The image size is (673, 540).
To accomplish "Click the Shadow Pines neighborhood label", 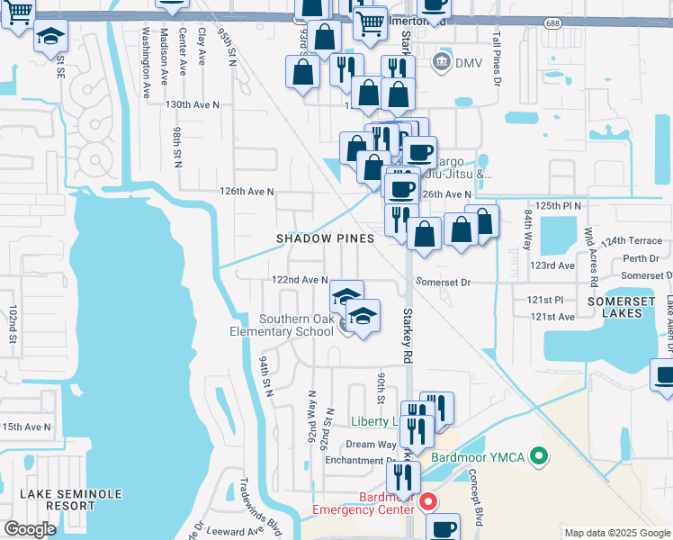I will pyautogui.click(x=311, y=238).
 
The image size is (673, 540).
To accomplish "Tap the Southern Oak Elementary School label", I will pyautogui.click(x=296, y=325).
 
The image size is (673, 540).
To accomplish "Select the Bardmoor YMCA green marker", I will pyautogui.click(x=540, y=457).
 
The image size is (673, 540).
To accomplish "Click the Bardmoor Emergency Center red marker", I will pyautogui.click(x=428, y=501).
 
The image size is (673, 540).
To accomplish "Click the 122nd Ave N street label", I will pyautogui.click(x=300, y=281).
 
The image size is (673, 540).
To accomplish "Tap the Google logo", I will pyautogui.click(x=30, y=529).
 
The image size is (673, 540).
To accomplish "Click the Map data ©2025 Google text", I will pyautogui.click(x=616, y=533).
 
